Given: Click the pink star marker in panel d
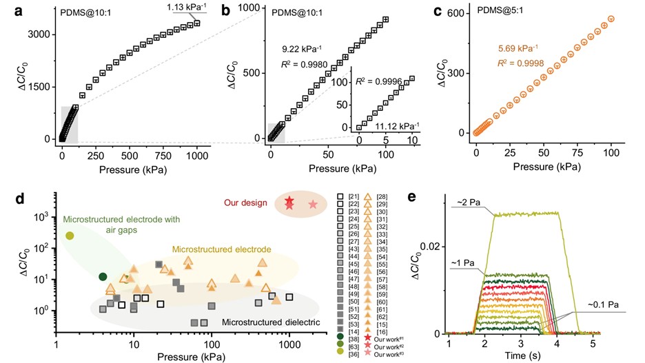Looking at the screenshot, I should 313,204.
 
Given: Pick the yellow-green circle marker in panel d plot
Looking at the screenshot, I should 70,236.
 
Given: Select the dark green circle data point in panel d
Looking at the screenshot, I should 103,276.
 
